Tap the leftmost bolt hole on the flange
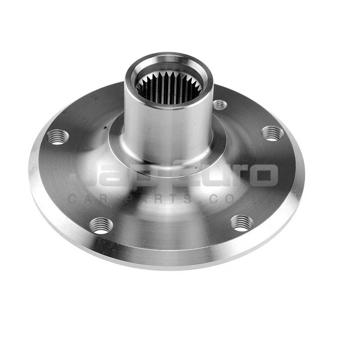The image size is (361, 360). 58,136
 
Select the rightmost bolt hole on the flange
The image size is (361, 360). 272,133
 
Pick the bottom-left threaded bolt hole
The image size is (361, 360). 101,225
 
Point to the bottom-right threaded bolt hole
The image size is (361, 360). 241,223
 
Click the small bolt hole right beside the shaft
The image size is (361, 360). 219,105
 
